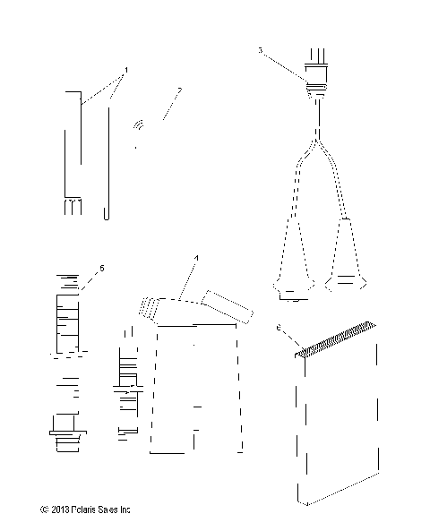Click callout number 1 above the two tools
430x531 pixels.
pyautogui.click(x=127, y=69)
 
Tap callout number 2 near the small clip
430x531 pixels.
pyautogui.click(x=179, y=90)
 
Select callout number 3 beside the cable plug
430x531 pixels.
pyautogui.click(x=261, y=52)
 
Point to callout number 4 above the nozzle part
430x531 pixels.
pyautogui.click(x=194, y=259)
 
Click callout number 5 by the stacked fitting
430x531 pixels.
pyautogui.click(x=101, y=267)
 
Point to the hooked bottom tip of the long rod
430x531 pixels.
pyautogui.click(x=107, y=214)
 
